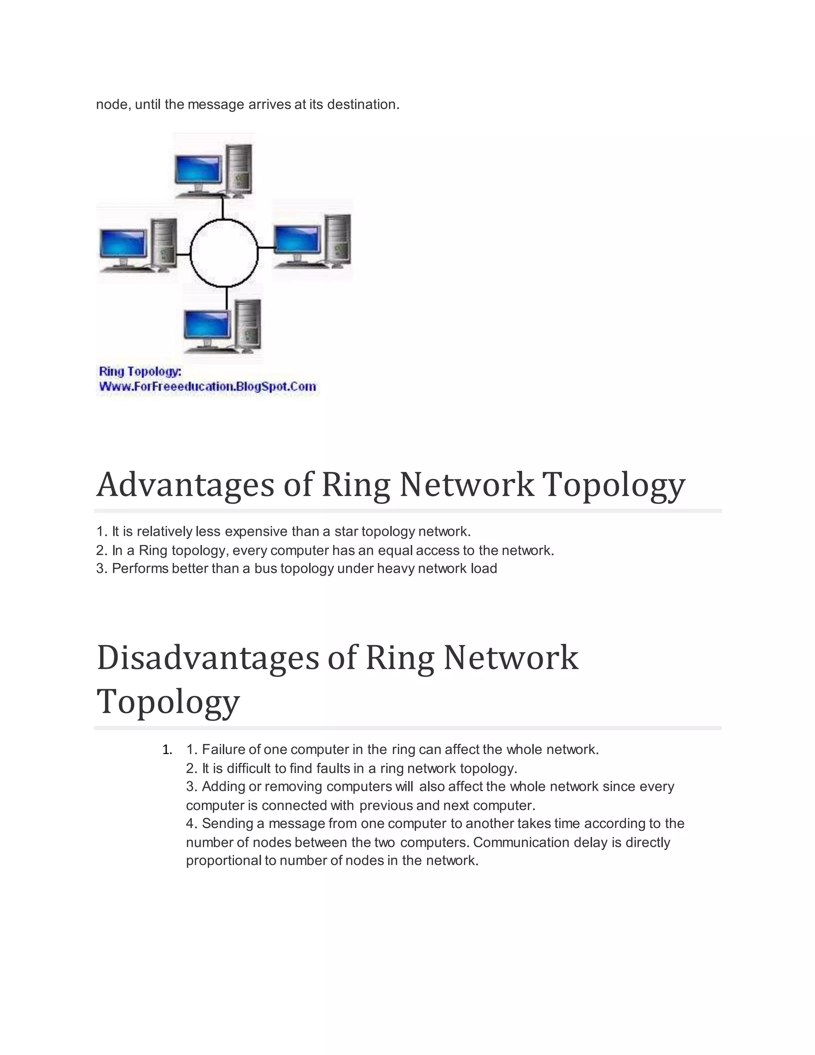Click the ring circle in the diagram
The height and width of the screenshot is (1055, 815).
click(224, 220)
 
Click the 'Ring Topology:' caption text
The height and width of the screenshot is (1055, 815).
click(140, 371)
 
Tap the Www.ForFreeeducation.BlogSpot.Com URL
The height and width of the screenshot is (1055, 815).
click(208, 387)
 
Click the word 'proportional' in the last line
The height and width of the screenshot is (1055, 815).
click(224, 860)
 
